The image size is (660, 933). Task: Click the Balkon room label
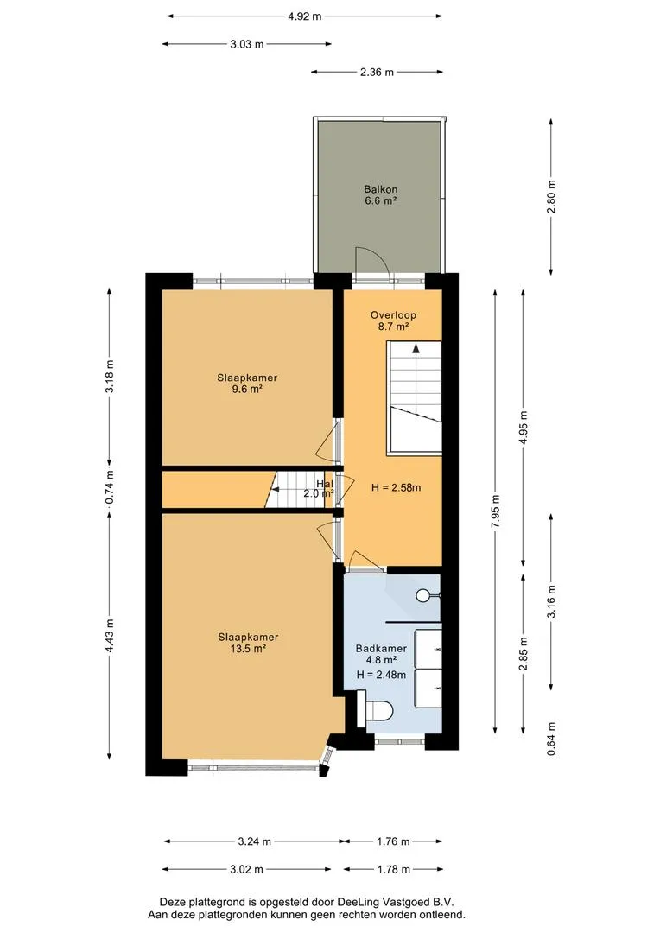[x=381, y=189]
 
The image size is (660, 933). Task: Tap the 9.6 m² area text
[x=248, y=389]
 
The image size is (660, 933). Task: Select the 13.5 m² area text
[x=248, y=649]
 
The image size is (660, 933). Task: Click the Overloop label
[x=393, y=315]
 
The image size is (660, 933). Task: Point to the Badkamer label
[x=381, y=649]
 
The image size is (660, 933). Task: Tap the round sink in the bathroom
[x=423, y=595]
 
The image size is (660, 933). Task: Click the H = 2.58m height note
[x=396, y=488]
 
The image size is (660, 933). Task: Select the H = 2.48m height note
[x=382, y=675]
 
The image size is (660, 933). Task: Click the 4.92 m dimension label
[x=305, y=16]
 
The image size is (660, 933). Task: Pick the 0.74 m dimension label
[x=110, y=487]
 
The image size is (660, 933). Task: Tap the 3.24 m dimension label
[x=255, y=841]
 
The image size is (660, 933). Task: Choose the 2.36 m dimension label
[x=377, y=72]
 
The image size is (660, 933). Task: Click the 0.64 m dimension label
[x=551, y=739]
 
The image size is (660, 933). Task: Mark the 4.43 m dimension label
[x=110, y=636]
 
